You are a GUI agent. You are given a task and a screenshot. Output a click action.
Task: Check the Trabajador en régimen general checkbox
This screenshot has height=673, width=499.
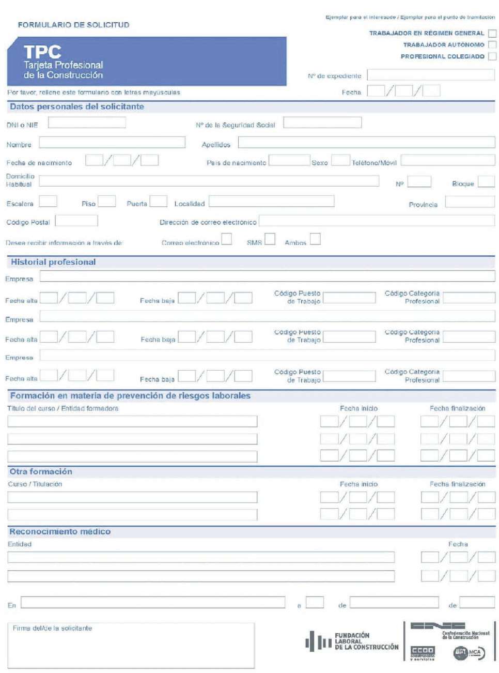click(x=492, y=34)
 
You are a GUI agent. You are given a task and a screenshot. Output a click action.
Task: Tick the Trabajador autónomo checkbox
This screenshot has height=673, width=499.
click(x=492, y=45)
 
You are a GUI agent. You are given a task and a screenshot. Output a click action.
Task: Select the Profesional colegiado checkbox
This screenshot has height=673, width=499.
click(x=492, y=56)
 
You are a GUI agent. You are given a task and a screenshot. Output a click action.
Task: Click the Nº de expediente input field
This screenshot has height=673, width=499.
click(x=430, y=75)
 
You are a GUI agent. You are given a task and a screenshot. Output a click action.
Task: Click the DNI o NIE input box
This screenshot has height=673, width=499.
click(x=87, y=123)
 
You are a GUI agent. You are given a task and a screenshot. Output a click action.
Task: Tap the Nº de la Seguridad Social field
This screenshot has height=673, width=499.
click(x=322, y=123)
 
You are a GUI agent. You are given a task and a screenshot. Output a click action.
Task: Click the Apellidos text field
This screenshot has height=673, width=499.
click(x=366, y=143)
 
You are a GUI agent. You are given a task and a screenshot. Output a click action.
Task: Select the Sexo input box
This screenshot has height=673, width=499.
click(x=340, y=160)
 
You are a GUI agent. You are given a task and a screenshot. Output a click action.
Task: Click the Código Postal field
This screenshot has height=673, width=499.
click(x=76, y=221)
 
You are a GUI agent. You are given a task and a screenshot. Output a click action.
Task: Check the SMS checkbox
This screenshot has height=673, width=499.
click(x=270, y=239)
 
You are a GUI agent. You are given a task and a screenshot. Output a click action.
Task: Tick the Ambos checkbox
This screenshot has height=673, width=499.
click(x=315, y=239)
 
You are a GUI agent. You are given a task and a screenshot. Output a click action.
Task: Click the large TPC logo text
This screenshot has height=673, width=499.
click(x=42, y=52)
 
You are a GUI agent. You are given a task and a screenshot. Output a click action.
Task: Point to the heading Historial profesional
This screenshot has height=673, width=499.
click(x=53, y=262)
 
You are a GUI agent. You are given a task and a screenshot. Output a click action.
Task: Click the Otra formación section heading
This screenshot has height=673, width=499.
click(x=41, y=471)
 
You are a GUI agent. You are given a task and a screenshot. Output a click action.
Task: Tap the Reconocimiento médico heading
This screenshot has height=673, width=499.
click(x=60, y=531)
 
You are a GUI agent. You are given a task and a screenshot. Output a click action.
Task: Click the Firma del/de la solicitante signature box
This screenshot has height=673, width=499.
click(x=131, y=646)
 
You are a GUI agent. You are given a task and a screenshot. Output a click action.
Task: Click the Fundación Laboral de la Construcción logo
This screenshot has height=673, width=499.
click(x=352, y=641)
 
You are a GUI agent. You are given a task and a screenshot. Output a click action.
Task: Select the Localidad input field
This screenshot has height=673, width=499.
click(x=271, y=201)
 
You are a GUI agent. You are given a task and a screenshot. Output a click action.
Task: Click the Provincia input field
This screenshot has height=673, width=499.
click(x=470, y=202)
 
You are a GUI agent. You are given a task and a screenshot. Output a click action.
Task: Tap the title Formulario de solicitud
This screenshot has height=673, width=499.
click(x=73, y=25)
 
